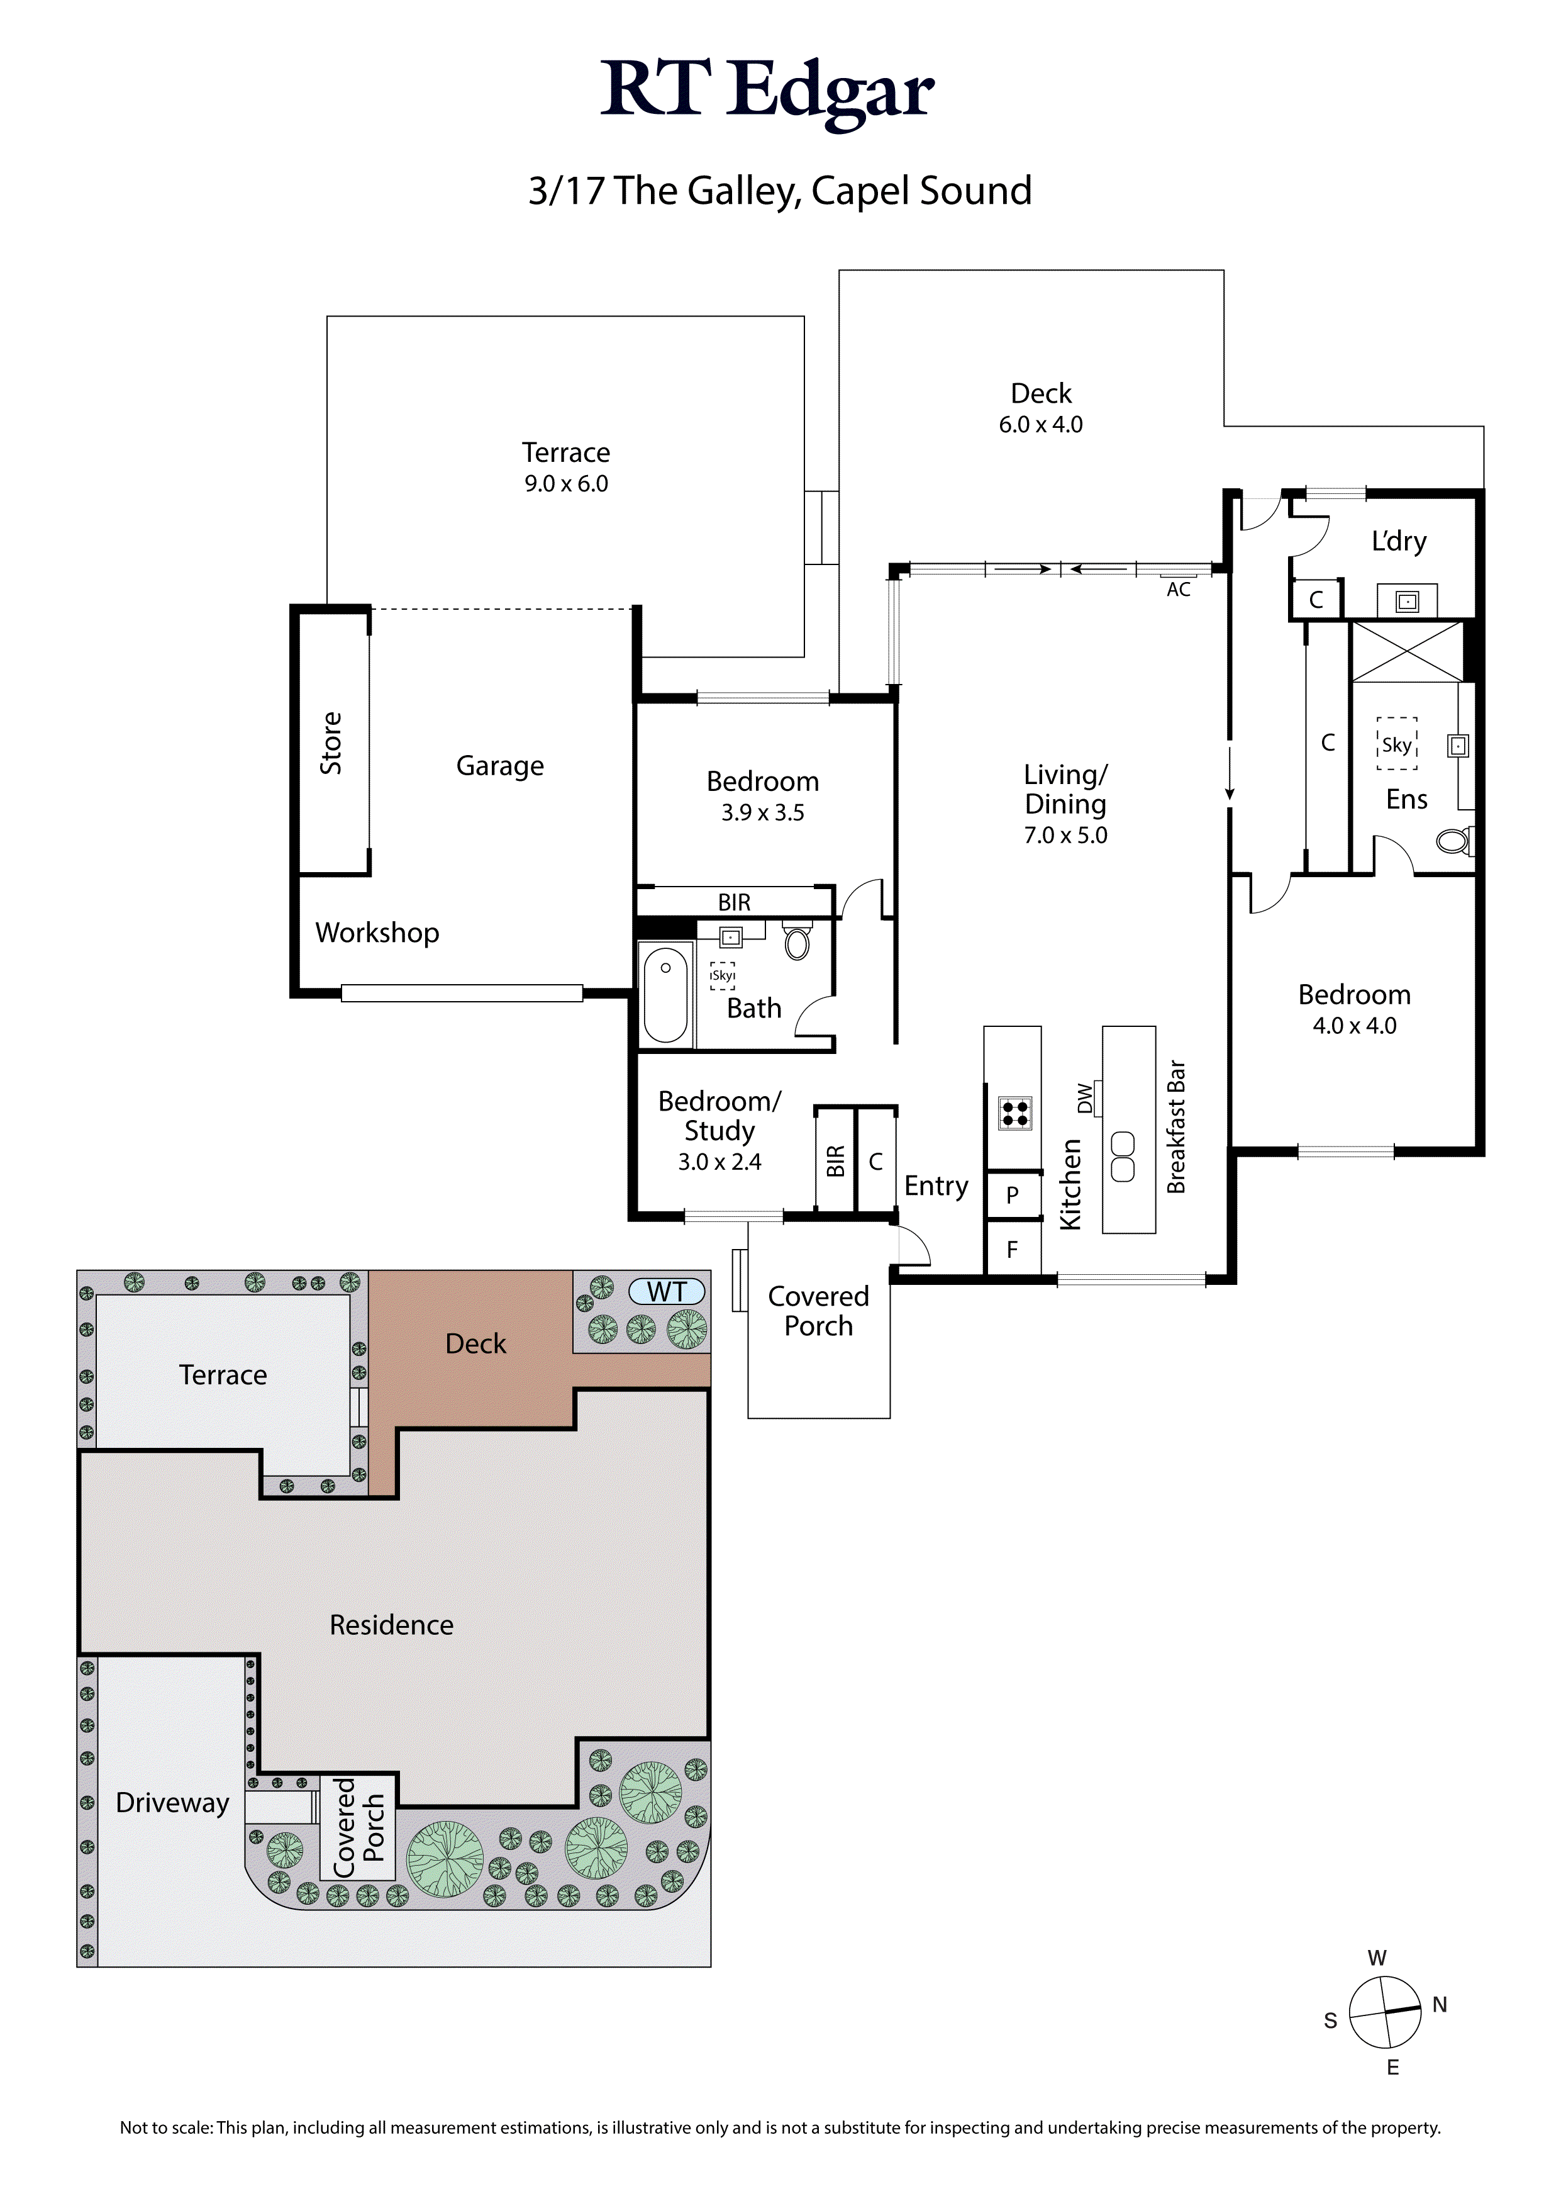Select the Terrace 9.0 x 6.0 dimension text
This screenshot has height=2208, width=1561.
pos(566,484)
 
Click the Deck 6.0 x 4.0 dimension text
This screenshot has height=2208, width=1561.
pos(1041,424)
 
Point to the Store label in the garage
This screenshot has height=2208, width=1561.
pos(331,743)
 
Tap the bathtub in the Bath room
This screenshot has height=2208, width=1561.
pos(665,994)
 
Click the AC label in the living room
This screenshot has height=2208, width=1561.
pos(1179,590)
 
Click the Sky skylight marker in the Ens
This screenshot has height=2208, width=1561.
pos(1397,744)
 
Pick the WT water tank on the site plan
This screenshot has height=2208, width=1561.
pos(667,1292)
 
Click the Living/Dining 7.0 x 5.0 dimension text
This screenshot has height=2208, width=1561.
pos(1065,835)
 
